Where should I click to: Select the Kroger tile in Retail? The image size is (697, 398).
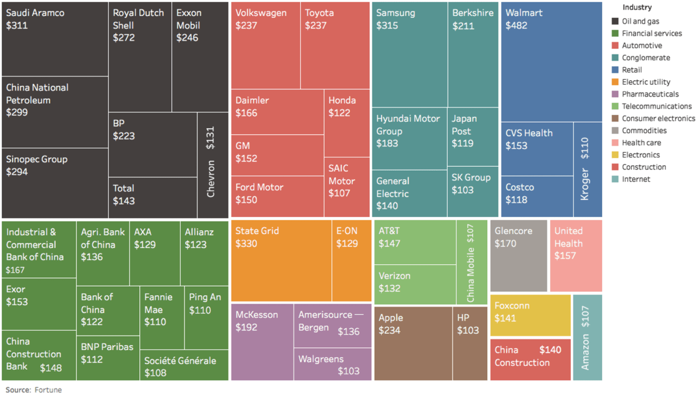(x=588, y=170)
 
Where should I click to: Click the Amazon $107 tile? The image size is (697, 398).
(x=587, y=337)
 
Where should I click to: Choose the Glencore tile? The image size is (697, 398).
(x=518, y=256)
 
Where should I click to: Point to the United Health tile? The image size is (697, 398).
(x=576, y=256)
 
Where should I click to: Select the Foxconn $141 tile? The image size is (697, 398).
(x=530, y=316)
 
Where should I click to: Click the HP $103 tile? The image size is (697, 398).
(x=470, y=343)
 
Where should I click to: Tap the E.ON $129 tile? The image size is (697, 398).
(x=352, y=261)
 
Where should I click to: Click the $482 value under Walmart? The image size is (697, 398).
(x=517, y=26)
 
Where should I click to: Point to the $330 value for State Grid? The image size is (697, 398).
(x=247, y=244)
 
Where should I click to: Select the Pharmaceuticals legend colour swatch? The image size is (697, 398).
(x=615, y=94)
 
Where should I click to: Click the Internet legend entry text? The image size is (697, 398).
(x=636, y=179)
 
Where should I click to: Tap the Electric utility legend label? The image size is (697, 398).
(x=646, y=82)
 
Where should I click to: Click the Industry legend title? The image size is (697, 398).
(x=637, y=8)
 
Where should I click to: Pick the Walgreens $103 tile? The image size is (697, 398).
(x=333, y=364)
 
